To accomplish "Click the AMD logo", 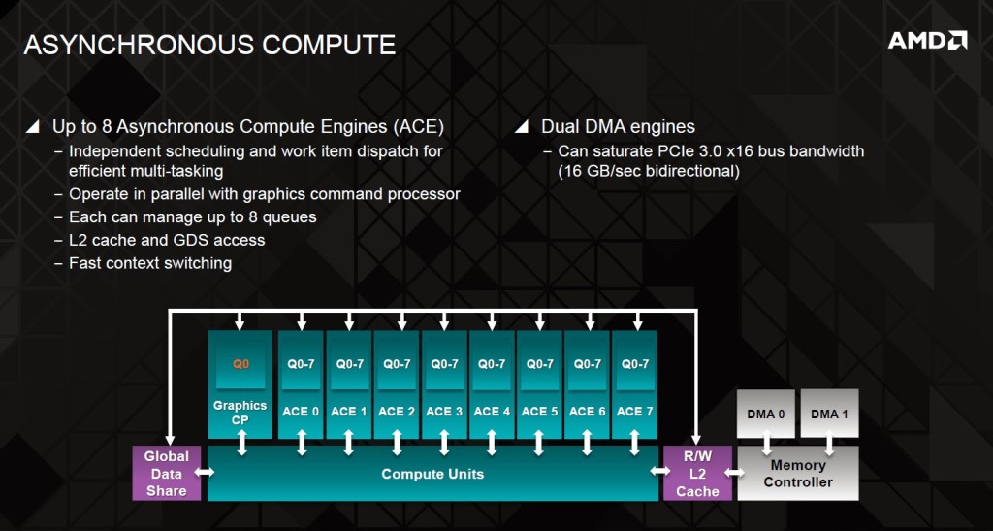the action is click(x=927, y=41).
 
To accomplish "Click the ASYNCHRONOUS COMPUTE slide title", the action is click(x=209, y=45).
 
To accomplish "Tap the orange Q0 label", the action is click(x=241, y=364).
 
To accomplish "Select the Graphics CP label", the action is click(x=240, y=412).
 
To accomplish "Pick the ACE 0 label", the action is click(x=301, y=412).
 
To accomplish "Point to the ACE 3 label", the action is click(x=444, y=412).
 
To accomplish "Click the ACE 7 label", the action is click(x=634, y=412).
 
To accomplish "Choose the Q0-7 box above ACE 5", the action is click(x=539, y=366).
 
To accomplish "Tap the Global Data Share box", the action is click(x=167, y=473).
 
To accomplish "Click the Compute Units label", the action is click(x=432, y=474).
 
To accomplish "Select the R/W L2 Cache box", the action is click(x=697, y=473).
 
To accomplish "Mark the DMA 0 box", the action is click(x=766, y=414).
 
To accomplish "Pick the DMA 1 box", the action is click(x=830, y=414).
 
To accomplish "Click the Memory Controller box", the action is click(x=798, y=473).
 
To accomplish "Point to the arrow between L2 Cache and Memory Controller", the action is click(x=735, y=472).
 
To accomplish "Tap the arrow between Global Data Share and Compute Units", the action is click(x=205, y=472).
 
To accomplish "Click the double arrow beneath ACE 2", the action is click(x=397, y=443).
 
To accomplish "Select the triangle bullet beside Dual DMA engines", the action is click(x=521, y=127).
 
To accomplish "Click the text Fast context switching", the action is click(x=150, y=263).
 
